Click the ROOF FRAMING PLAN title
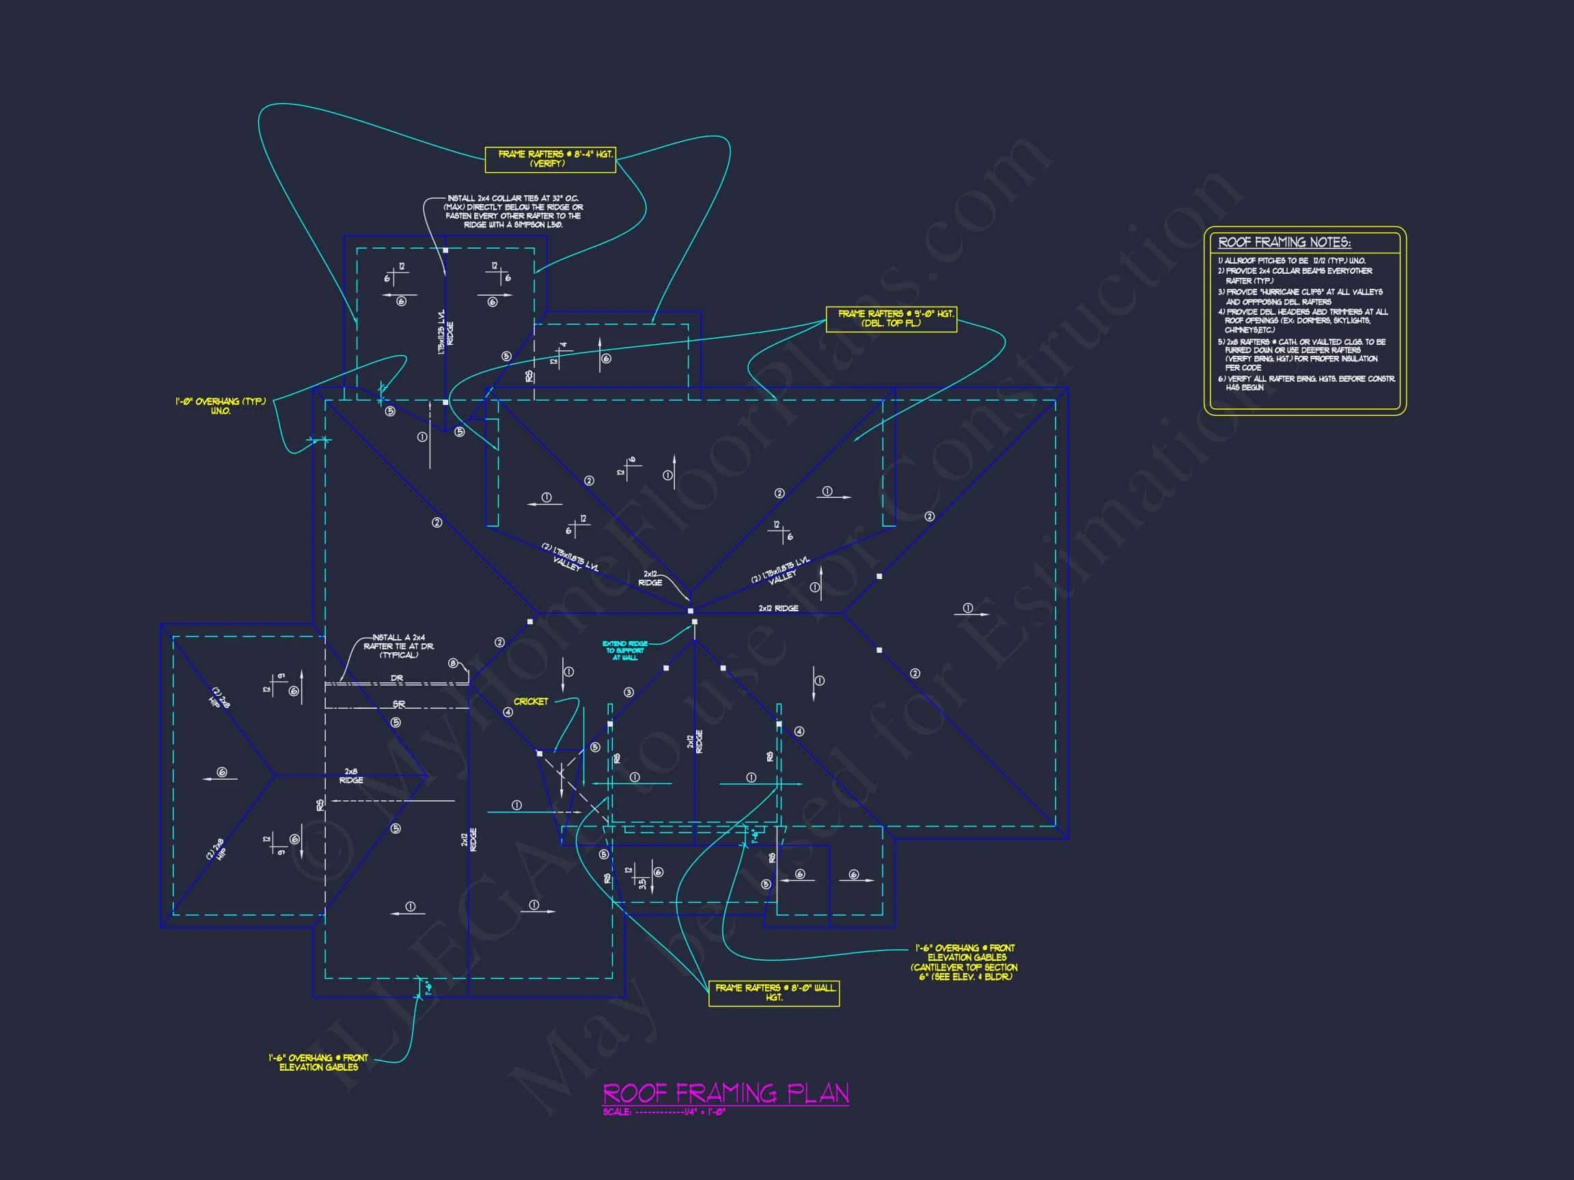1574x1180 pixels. click(x=726, y=1093)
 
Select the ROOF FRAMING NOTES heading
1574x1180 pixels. click(x=1284, y=242)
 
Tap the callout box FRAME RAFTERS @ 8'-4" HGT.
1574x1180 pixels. click(x=549, y=159)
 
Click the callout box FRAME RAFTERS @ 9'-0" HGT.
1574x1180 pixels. click(x=891, y=319)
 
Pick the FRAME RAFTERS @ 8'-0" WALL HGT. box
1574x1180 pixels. click(x=773, y=993)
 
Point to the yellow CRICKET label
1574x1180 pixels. click(x=531, y=701)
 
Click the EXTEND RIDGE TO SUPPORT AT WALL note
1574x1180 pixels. click(x=625, y=651)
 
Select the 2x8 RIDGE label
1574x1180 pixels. click(x=351, y=776)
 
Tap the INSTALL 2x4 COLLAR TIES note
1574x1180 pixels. click(x=513, y=211)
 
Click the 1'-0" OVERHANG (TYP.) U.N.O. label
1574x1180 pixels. click(x=221, y=406)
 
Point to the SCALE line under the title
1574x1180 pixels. click(x=663, y=1112)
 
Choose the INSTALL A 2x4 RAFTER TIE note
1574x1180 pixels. click(x=398, y=646)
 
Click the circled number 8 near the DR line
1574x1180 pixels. click(x=452, y=664)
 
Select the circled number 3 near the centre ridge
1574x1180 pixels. click(x=629, y=692)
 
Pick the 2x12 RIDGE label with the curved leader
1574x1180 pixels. click(x=650, y=578)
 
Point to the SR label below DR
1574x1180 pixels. click(x=398, y=704)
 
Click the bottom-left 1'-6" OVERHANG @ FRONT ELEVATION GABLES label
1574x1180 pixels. click(x=318, y=1063)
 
